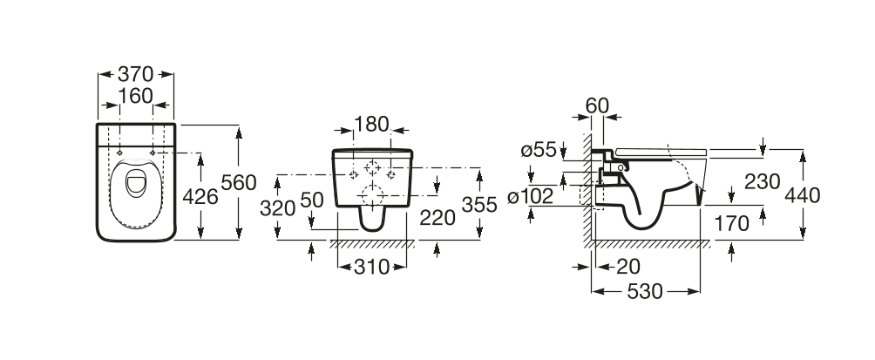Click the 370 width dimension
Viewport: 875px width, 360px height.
pyautogui.click(x=136, y=76)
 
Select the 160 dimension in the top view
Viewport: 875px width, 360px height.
pyautogui.click(x=136, y=96)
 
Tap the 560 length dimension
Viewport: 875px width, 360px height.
pyautogui.click(x=239, y=183)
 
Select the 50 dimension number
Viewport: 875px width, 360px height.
pyautogui.click(x=311, y=200)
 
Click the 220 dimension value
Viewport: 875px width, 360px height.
pyautogui.click(x=437, y=217)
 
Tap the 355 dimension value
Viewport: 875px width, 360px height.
pyautogui.click(x=479, y=205)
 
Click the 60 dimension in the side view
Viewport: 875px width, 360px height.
pyautogui.click(x=597, y=105)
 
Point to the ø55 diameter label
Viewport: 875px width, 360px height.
pyautogui.click(x=538, y=150)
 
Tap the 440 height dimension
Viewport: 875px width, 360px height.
pyautogui.click(x=802, y=195)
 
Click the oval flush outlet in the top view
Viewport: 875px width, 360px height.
pyautogui.click(x=136, y=184)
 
